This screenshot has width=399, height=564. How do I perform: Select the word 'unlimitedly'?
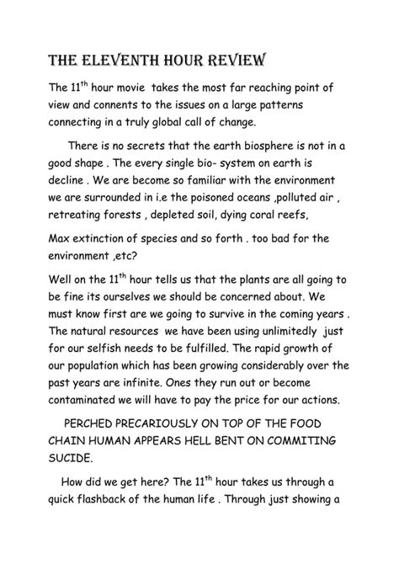305,343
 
